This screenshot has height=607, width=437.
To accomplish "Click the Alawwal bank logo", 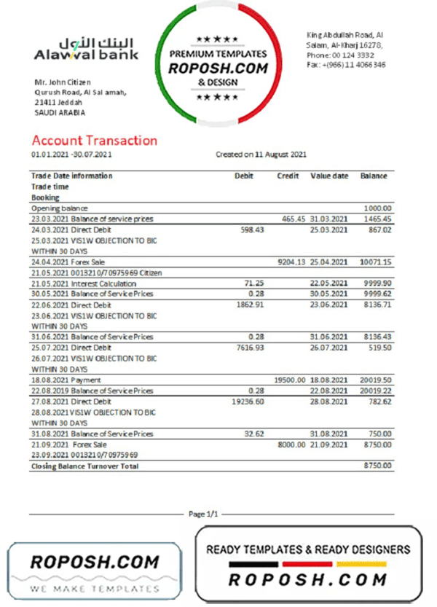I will tap(86, 49).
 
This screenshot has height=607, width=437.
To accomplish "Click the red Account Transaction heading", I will tap(94, 141).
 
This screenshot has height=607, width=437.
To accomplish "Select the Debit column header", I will tap(243, 176).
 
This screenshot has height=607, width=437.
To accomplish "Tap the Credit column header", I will tap(288, 176).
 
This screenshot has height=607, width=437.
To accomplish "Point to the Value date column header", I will tap(329, 176).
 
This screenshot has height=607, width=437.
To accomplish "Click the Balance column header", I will tap(374, 176).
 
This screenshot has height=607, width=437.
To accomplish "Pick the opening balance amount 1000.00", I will tap(378, 208).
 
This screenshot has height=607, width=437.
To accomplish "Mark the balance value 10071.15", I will tap(376, 262).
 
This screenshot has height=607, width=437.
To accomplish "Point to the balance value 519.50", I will tap(380, 348).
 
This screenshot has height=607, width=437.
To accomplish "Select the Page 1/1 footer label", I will tap(203, 514).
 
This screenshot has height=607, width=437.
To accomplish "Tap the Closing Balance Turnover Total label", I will tap(84, 466).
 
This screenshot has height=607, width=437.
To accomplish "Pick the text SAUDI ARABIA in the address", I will tap(60, 113).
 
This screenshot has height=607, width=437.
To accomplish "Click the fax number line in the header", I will tap(346, 65).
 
